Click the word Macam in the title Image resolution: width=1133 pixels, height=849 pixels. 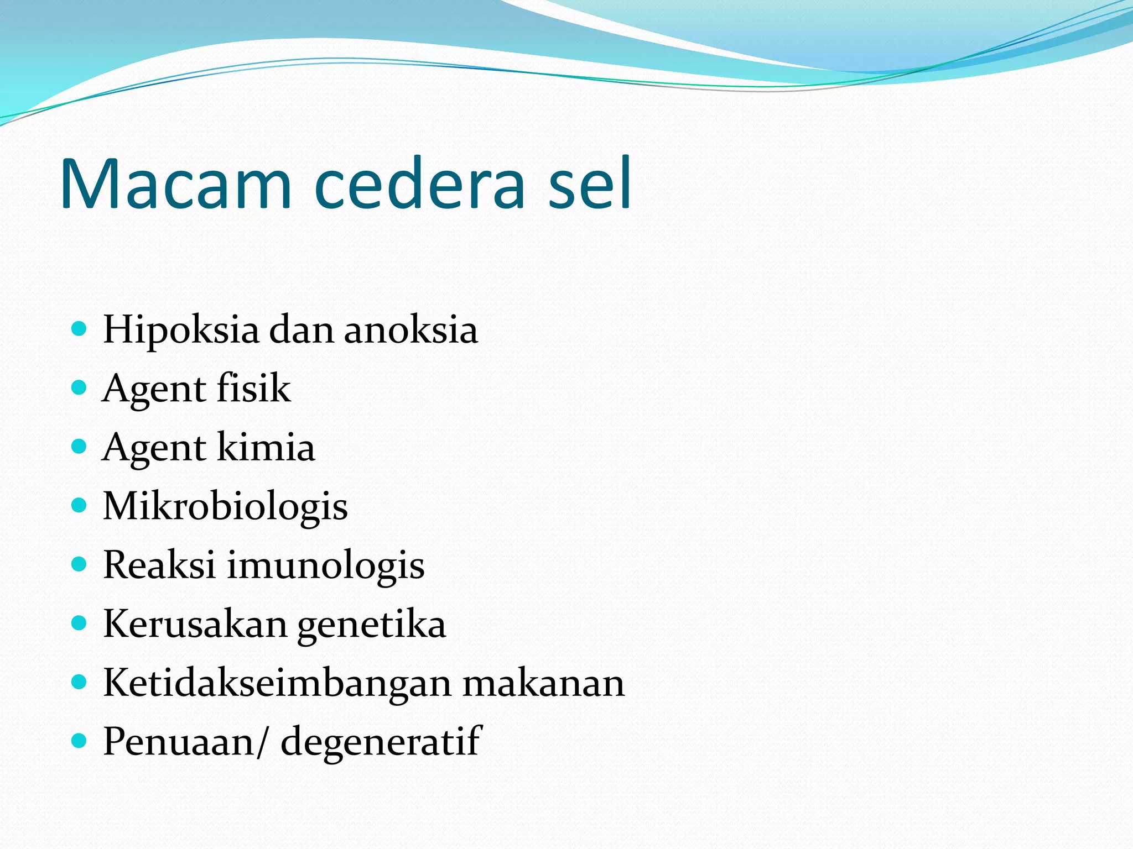[176, 184]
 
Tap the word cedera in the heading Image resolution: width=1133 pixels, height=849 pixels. [419, 184]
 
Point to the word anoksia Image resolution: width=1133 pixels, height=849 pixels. [410, 330]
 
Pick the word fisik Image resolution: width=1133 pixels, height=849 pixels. [253, 388]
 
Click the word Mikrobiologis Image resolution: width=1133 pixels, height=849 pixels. [225, 506]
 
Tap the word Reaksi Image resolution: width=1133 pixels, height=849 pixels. [159, 565]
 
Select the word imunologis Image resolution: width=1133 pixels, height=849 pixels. [326, 566]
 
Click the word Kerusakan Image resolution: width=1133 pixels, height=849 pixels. [194, 624]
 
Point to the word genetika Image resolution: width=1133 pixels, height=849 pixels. [371, 625]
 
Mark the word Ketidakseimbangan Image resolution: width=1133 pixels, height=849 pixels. [277, 683]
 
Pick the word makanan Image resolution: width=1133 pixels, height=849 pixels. [543, 683]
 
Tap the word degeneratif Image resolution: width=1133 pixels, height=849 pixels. [381, 741]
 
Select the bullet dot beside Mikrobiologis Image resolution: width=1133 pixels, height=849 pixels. [80, 505]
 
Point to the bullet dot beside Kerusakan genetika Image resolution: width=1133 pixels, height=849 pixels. [80, 623]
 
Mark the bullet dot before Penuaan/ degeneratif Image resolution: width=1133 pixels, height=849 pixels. [80, 741]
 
